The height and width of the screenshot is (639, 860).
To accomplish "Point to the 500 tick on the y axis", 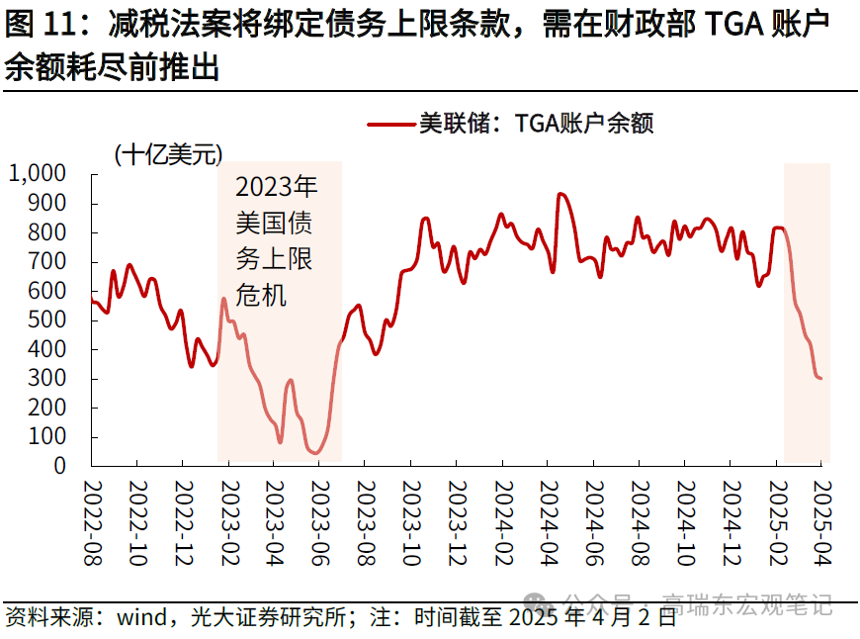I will tap(49, 320).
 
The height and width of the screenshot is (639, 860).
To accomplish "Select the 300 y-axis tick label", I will tap(49, 379).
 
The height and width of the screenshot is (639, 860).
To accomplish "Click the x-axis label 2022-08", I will tap(92, 523).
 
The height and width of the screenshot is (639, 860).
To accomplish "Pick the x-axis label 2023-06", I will tap(318, 523).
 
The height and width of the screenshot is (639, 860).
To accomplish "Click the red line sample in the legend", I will tap(389, 124).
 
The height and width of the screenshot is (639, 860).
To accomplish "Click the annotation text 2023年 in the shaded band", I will tap(277, 188).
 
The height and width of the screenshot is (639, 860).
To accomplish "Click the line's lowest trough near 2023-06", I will tap(316, 453).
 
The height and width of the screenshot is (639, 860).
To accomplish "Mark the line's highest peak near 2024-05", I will tap(560, 194).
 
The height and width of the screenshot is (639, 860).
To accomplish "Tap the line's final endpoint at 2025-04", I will tap(820, 378).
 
